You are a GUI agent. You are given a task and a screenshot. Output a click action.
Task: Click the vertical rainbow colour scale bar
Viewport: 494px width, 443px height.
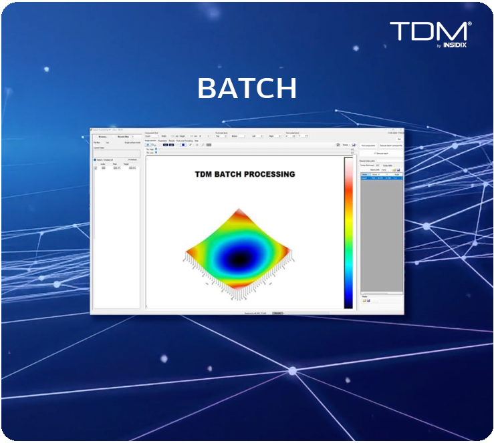coord(348,234)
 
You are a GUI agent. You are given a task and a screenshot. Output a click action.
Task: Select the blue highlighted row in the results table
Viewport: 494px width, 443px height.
coord(381,178)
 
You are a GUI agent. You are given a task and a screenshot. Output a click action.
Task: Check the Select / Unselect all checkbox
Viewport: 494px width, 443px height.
coord(96,160)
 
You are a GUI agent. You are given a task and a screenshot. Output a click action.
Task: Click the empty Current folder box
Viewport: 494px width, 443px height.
coord(116,153)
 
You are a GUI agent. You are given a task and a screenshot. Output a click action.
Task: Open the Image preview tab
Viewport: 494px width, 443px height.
coord(150,141)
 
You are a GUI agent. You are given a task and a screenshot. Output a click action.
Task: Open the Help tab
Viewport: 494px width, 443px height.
coord(197,141)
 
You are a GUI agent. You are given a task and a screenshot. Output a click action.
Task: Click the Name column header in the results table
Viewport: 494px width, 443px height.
coord(365,174)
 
